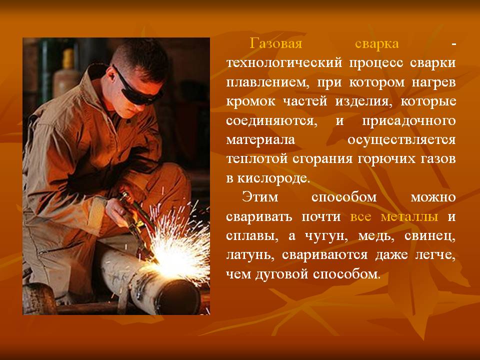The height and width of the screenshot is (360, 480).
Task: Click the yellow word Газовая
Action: point(276,43)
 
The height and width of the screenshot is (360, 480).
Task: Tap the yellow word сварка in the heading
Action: point(377,44)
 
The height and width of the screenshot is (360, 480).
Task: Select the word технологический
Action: point(284,63)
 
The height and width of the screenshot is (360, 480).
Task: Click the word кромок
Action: point(250,101)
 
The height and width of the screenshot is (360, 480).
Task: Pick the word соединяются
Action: point(271,121)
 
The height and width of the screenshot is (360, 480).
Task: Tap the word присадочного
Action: point(409,121)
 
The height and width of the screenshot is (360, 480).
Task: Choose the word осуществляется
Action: point(401,140)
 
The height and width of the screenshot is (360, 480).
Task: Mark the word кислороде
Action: point(273,178)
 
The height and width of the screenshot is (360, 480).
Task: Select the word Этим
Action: point(259,197)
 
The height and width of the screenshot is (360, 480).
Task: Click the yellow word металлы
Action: point(409,216)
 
